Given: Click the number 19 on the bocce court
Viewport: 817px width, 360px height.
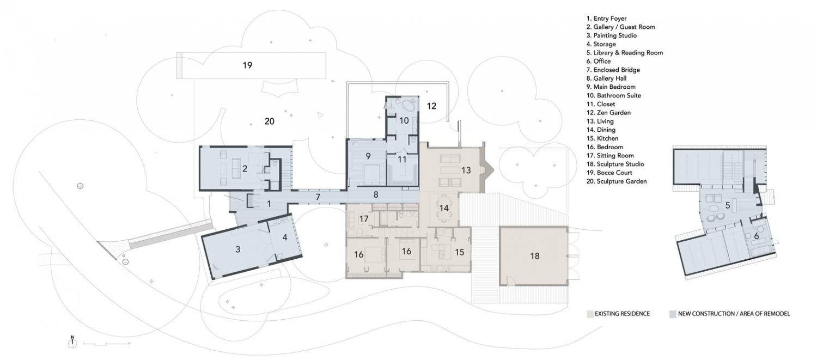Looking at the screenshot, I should tap(247, 65).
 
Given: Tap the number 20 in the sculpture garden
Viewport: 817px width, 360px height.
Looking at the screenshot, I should tap(269, 121).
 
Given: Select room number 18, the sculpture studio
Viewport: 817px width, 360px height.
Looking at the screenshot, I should tap(534, 255).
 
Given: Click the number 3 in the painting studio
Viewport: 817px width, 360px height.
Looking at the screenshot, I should tap(237, 249).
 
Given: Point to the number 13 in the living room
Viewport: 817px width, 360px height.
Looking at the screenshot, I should tap(466, 170).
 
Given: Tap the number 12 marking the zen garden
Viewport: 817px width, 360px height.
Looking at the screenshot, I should tap(431, 106).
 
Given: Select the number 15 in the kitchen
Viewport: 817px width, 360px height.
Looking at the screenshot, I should tap(459, 252).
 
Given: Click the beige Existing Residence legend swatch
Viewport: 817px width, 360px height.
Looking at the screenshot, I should tap(589, 314).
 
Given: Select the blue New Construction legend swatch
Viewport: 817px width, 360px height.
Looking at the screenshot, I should tap(673, 314).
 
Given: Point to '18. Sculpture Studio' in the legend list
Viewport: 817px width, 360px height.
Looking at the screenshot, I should tap(615, 164).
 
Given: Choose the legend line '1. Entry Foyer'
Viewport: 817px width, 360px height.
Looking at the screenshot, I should tap(606, 19).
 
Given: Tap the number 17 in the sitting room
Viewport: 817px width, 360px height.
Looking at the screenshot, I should tap(364, 218).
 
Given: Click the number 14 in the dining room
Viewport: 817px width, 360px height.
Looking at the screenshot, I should tap(444, 208).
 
